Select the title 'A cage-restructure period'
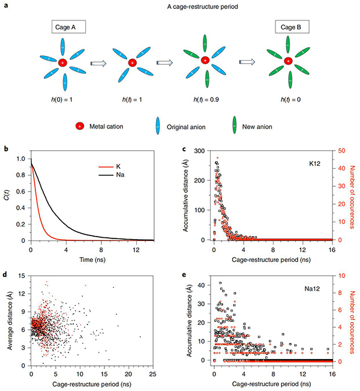180,6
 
